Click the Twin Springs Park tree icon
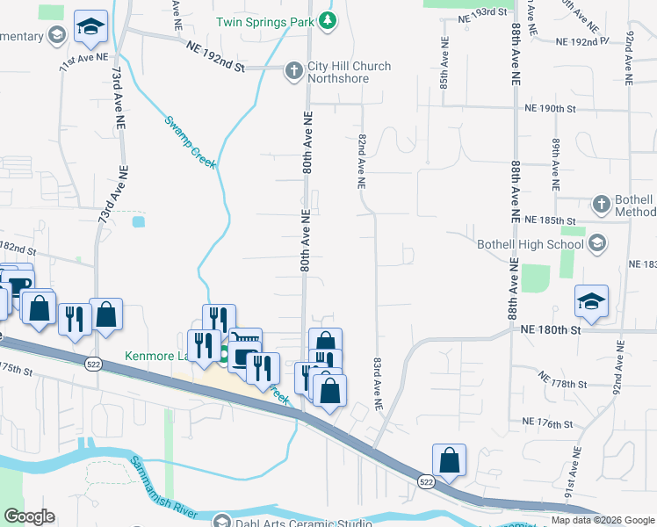pos(328,20)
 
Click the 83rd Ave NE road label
pos(378,383)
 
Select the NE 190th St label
pos(549,109)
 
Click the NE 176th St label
pos(546,423)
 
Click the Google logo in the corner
pos(28,516)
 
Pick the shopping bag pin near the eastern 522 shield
pos(449,459)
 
